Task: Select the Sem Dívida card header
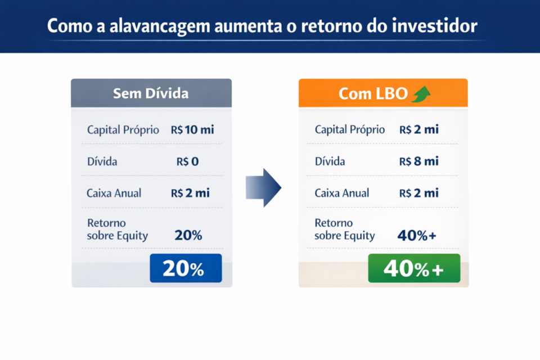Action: [x=151, y=93]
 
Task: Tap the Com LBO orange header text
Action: [x=373, y=93]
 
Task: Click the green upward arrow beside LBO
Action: [x=421, y=93]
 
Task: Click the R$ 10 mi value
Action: [x=192, y=130]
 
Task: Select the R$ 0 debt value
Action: [x=187, y=161]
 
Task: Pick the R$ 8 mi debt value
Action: [x=419, y=161]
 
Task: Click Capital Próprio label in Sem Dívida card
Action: [x=123, y=130]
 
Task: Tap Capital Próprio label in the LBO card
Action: [x=350, y=130]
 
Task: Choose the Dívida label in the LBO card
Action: [x=330, y=161]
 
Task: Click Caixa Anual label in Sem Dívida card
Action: [x=114, y=193]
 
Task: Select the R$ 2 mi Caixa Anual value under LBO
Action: [x=419, y=193]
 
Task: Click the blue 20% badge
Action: [x=186, y=269]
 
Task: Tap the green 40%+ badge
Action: [x=413, y=269]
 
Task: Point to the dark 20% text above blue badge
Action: [x=188, y=236]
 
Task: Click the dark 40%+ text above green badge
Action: [x=417, y=236]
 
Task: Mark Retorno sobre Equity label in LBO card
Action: [x=344, y=229]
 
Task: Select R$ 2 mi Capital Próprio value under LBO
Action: [x=419, y=130]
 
